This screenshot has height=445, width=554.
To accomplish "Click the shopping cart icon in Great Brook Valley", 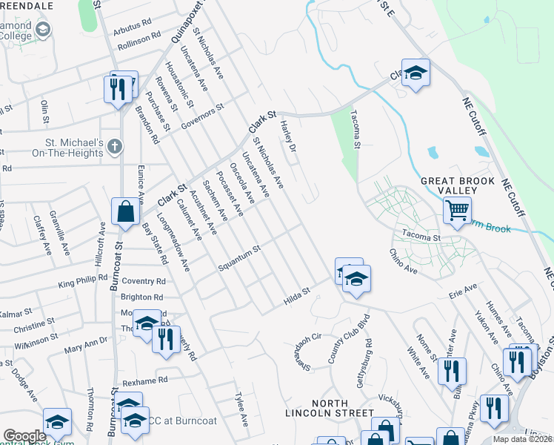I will point(457,210).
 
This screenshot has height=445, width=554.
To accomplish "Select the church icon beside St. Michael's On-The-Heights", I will point(114,146).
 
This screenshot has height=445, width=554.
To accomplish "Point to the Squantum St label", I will point(240,258).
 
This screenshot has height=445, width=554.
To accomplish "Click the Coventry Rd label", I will point(144,282).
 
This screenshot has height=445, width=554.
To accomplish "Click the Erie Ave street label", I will point(463,291).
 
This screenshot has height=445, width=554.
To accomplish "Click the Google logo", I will point(24,435).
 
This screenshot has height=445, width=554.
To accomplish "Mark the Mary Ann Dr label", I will point(86,346).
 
